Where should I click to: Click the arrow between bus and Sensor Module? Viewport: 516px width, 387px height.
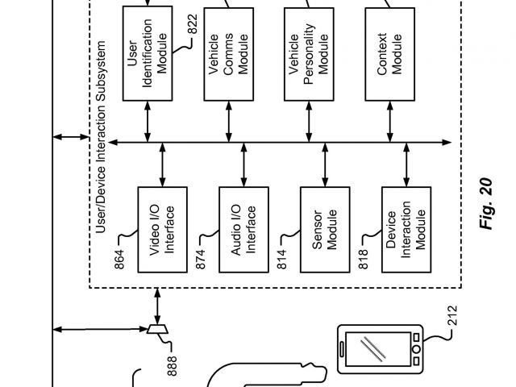point(324,165)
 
